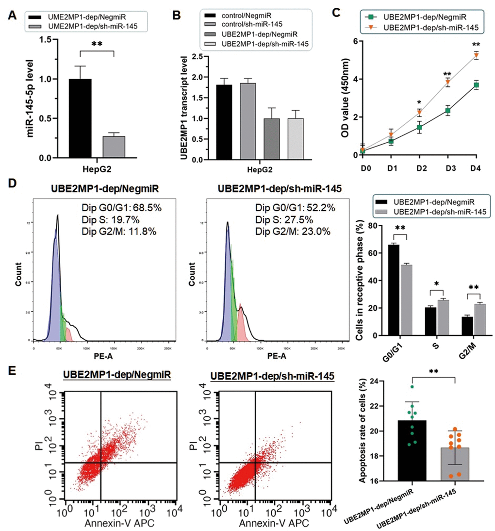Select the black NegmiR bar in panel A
(x=80, y=118)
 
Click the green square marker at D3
(x=448, y=111)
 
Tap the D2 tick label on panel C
(x=420, y=166)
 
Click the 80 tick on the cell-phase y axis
(x=372, y=225)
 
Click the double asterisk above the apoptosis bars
(x=433, y=370)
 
